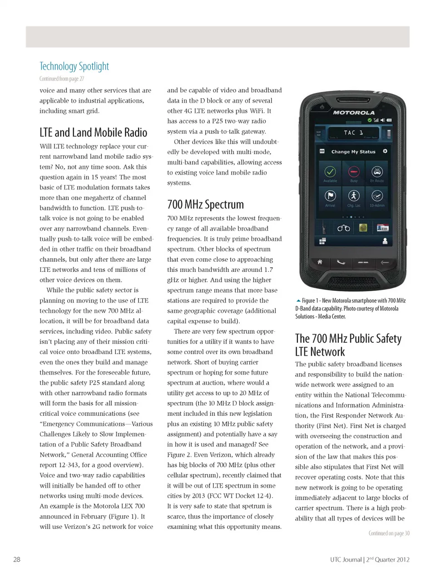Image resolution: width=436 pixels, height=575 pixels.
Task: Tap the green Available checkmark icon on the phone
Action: point(330,172)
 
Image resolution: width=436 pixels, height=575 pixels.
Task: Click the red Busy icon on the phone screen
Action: point(354,172)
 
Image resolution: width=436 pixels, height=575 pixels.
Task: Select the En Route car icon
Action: point(377,172)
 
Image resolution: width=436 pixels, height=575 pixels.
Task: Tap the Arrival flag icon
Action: point(330,196)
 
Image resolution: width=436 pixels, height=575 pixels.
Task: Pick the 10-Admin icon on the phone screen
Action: point(377,196)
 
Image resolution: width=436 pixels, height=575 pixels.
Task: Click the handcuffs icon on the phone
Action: point(343,228)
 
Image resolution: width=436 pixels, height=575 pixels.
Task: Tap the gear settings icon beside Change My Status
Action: point(385,151)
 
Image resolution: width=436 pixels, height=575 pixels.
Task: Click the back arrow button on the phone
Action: point(385,262)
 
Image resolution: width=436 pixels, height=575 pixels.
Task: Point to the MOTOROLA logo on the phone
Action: point(354,112)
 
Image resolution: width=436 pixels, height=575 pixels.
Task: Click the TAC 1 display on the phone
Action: point(353,133)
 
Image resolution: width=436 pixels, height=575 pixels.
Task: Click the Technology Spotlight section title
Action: point(74,66)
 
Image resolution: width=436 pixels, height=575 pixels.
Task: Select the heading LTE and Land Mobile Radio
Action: point(93,132)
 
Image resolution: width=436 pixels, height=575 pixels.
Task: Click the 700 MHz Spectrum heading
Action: point(205,205)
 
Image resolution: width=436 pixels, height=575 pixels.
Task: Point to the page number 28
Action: point(17,560)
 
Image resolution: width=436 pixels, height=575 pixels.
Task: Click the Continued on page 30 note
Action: point(389,533)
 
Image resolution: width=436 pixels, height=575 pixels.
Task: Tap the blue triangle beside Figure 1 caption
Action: point(298,300)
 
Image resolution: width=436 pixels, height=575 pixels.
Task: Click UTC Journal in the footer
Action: point(346,560)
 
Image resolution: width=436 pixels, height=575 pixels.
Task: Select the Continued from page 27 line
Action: point(62,79)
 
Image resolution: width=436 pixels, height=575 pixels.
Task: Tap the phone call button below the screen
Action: point(341,262)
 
